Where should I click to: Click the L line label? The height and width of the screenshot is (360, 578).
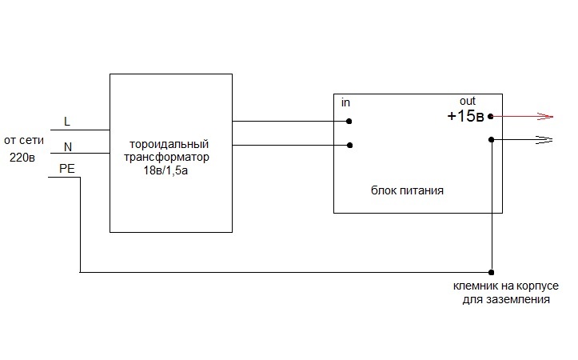coord(66,121)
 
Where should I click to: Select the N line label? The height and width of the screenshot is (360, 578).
coord(67,146)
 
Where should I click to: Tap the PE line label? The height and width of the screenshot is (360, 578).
coord(67,168)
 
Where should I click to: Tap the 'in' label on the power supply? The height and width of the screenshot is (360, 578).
coord(346,103)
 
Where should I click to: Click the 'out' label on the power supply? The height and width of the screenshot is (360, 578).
coord(467,101)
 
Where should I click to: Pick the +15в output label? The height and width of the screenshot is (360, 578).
coord(465,116)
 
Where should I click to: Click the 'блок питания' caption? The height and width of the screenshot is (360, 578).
coord(407,192)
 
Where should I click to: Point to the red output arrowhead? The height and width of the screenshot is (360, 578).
coord(545,116)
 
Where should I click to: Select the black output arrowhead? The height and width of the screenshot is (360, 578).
coord(545,139)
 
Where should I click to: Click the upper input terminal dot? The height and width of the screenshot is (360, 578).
coord(349,122)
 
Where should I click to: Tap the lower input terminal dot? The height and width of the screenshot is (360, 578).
coord(349,146)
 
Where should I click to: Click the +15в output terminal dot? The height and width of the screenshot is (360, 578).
coord(491,116)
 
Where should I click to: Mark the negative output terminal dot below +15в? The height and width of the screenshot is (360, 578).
coord(491,139)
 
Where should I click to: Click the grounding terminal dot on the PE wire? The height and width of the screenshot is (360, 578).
coord(491,272)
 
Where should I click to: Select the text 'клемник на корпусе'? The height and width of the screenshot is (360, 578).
coord(499,287)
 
